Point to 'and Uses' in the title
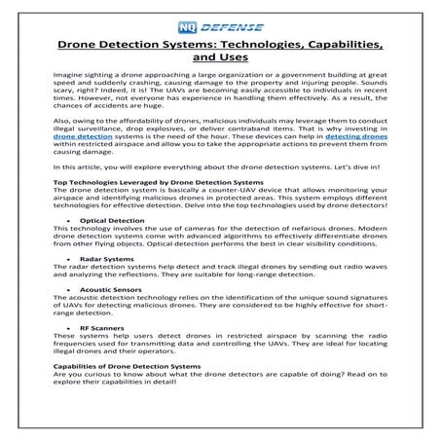pos(220,58)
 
